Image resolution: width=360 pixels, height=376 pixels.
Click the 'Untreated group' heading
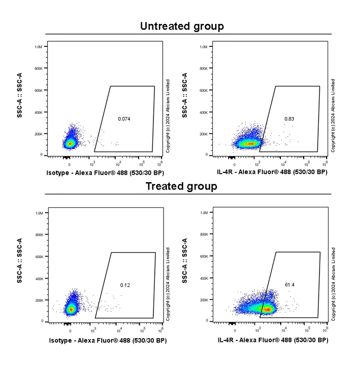click(182, 26)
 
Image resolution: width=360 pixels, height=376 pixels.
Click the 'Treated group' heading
click(181, 186)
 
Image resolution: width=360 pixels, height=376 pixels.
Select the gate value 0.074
click(124, 119)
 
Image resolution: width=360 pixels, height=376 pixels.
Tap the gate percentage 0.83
click(289, 119)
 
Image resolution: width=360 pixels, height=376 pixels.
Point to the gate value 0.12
click(125, 285)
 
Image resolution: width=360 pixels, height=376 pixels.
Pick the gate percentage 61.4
click(290, 285)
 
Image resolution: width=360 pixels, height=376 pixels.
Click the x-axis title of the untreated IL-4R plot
click(272, 173)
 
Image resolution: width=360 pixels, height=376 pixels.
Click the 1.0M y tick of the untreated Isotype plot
click(38, 47)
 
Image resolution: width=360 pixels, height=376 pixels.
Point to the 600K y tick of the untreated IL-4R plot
click(203, 90)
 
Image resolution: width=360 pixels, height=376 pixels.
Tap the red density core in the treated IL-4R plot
click(268, 310)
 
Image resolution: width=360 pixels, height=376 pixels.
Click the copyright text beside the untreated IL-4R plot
click(333, 115)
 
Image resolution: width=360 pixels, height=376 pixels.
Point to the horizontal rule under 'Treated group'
click(188, 194)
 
